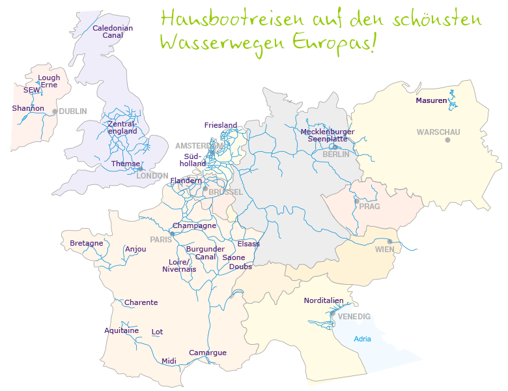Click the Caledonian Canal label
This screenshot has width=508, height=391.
tap(113, 32)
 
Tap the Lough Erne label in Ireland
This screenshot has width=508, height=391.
tap(49, 81)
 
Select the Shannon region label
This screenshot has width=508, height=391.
tap(28, 108)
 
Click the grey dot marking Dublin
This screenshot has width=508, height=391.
tap(55, 111)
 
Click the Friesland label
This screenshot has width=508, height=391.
tap(221, 125)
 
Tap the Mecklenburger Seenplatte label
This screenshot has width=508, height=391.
tap(328, 136)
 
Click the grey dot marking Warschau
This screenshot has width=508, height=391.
tap(447, 140)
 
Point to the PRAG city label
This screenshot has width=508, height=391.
tap(369, 207)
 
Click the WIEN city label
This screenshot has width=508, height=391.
tap(384, 250)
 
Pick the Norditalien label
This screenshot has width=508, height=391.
tap(324, 300)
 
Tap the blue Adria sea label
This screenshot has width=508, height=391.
tap(363, 339)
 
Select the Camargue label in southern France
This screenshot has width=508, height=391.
tap(208, 353)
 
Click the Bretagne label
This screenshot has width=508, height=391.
tap(87, 244)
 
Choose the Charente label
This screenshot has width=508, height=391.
tap(141, 302)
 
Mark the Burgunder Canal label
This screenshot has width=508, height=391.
tap(205, 253)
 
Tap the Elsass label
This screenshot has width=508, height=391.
tap(249, 244)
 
